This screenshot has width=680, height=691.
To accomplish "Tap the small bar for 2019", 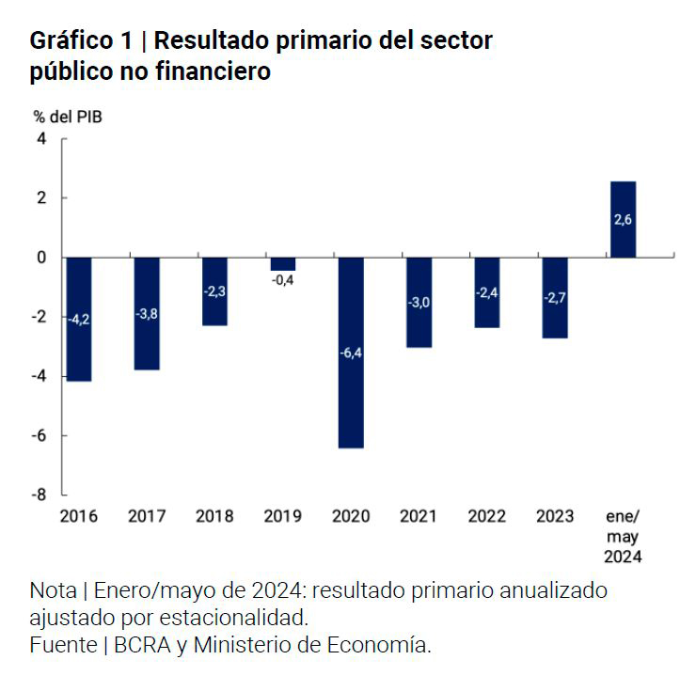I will click(x=282, y=263).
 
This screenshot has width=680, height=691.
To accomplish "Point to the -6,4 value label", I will click(x=350, y=353).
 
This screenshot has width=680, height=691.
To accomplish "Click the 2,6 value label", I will click(x=623, y=220).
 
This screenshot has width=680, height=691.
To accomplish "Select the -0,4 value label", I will click(x=282, y=279).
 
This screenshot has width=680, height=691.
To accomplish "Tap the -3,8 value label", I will click(x=147, y=314).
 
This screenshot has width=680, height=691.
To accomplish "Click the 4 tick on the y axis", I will click(x=40, y=138).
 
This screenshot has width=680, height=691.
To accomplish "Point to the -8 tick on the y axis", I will click(x=38, y=495).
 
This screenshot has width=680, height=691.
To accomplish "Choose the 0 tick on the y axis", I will click(x=40, y=258).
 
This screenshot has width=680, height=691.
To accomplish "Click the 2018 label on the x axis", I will click(x=214, y=516).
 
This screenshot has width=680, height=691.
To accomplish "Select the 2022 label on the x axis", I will click(x=486, y=516).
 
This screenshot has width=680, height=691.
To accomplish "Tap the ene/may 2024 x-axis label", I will click(x=623, y=536).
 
